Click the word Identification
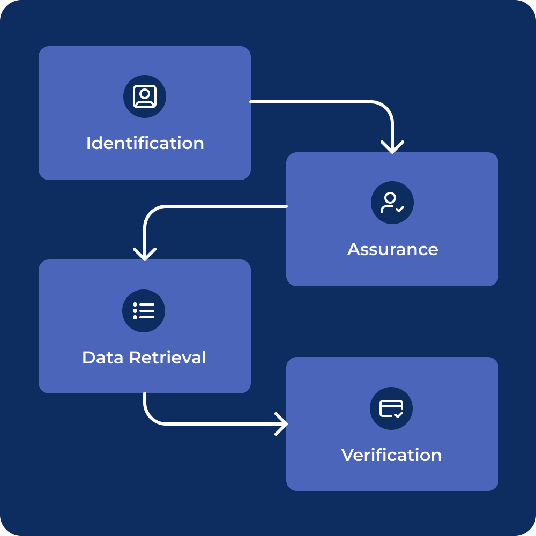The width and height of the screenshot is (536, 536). tap(145, 143)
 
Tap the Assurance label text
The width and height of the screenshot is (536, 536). tap(392, 249)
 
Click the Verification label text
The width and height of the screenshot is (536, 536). tap(391, 455)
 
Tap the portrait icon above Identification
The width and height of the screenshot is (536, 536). tap(145, 96)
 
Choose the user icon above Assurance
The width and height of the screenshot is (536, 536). tap(392, 203)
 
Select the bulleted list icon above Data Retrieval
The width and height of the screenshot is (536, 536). tap(144, 311)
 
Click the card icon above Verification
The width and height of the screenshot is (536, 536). tap(391, 408)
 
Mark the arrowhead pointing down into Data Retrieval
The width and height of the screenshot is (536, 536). tap(145, 254)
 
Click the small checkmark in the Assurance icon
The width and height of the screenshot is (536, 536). tap(400, 209)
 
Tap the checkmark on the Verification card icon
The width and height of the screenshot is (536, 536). tap(398, 414)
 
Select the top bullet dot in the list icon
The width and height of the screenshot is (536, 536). tap(135, 304)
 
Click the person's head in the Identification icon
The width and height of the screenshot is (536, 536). tap(145, 93)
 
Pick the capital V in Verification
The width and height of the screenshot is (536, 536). tap(348, 455)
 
